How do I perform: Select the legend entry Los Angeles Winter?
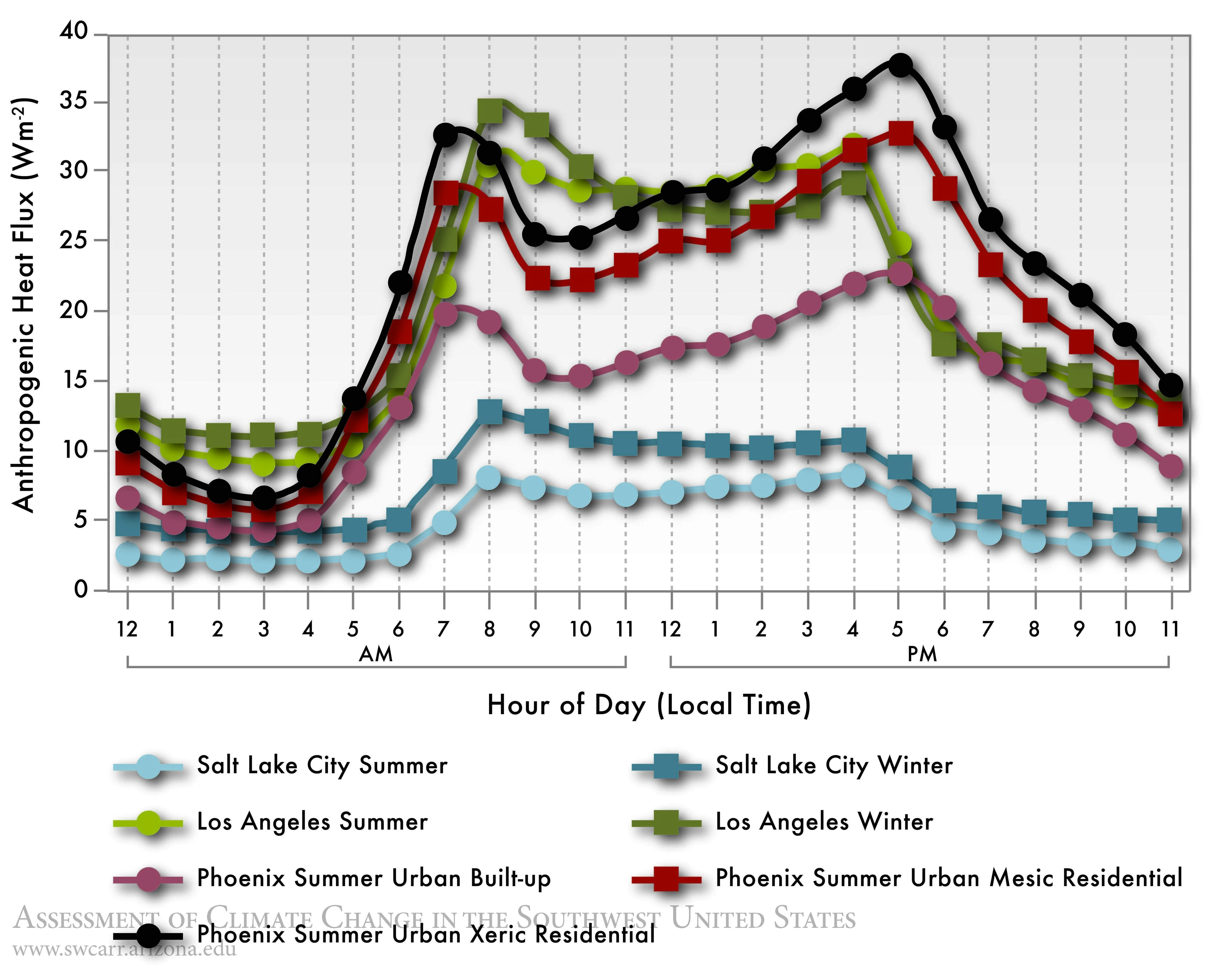(824, 822)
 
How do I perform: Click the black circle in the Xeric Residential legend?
(148, 935)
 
